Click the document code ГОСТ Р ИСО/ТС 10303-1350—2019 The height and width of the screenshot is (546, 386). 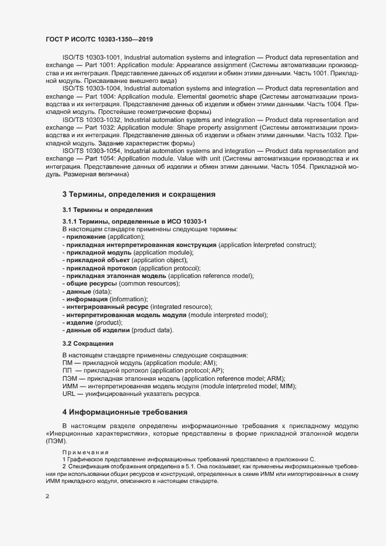[99, 39]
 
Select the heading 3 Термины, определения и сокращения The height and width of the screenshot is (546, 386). [139, 194]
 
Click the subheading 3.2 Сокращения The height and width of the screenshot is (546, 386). [88, 344]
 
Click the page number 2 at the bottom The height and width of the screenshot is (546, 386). [47, 497]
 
